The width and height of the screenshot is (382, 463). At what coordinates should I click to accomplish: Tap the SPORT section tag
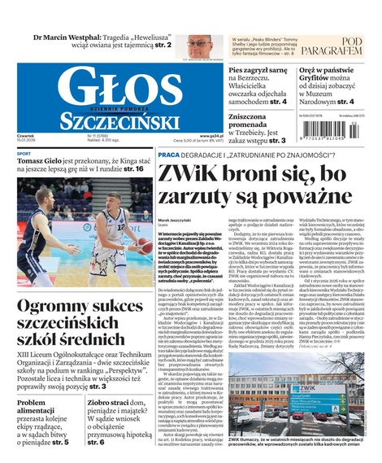click(x=24, y=153)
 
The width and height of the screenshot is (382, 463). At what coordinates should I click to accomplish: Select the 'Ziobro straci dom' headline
click(x=121, y=402)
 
